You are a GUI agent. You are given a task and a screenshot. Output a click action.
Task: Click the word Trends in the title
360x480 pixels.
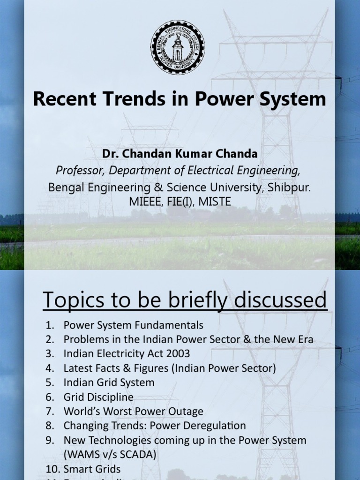click(x=132, y=99)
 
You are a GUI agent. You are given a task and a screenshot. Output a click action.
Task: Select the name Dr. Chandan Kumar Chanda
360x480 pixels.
click(x=180, y=154)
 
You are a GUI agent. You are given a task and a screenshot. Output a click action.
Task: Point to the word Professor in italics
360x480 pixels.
click(x=77, y=169)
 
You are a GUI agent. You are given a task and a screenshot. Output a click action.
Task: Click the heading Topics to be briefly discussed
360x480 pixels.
click(x=185, y=300)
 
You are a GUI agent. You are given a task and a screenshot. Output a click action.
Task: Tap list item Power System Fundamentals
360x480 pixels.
click(x=133, y=325)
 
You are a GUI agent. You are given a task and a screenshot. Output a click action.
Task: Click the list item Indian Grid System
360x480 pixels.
click(x=109, y=382)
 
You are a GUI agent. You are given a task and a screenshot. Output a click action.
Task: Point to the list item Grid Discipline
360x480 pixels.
click(x=98, y=397)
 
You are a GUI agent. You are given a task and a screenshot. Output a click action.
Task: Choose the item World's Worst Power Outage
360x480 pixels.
click(x=133, y=412)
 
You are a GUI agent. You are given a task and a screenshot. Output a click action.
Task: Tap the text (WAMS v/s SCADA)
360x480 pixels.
click(x=110, y=454)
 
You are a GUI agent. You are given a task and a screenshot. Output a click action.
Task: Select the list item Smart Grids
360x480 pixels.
click(x=92, y=469)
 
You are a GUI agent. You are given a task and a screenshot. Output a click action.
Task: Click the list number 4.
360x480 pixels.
click(x=50, y=368)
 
